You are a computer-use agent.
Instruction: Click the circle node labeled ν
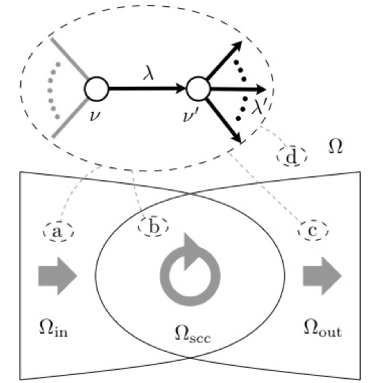96,89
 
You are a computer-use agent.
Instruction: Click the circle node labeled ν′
198,89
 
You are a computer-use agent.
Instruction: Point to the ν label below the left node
95,116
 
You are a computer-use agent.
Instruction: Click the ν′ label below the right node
190,116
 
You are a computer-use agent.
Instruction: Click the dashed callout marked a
58,232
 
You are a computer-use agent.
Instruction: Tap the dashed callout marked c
313,231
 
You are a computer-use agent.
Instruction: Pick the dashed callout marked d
292,157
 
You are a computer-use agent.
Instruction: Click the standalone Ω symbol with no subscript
335,146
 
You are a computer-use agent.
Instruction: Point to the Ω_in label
53,329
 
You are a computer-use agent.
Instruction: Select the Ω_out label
323,329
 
